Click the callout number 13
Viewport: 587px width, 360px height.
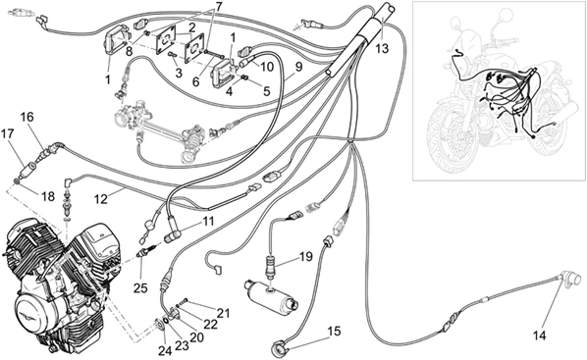point(382,48)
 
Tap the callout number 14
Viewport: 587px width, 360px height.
point(540,335)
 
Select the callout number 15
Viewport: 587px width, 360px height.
point(335,331)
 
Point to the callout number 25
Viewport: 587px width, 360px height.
point(141,287)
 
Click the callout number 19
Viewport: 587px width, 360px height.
point(305,257)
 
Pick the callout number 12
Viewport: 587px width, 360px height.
point(101,198)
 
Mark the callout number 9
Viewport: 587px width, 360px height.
point(298,67)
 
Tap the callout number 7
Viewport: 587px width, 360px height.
point(218,6)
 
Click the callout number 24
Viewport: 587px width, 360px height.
point(165,350)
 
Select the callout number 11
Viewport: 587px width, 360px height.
point(207,221)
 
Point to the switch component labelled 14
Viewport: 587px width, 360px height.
point(571,280)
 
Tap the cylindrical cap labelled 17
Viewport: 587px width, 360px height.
point(27,173)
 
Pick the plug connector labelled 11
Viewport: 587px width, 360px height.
point(173,236)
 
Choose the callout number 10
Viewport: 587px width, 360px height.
point(267,67)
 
